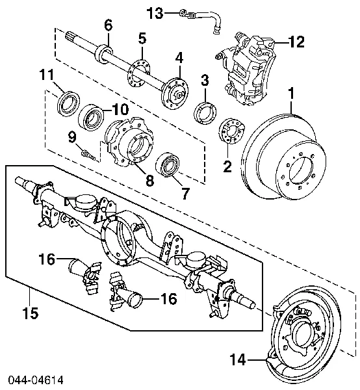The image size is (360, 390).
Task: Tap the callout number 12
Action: tap(296, 44)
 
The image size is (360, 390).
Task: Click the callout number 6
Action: tap(108, 25)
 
